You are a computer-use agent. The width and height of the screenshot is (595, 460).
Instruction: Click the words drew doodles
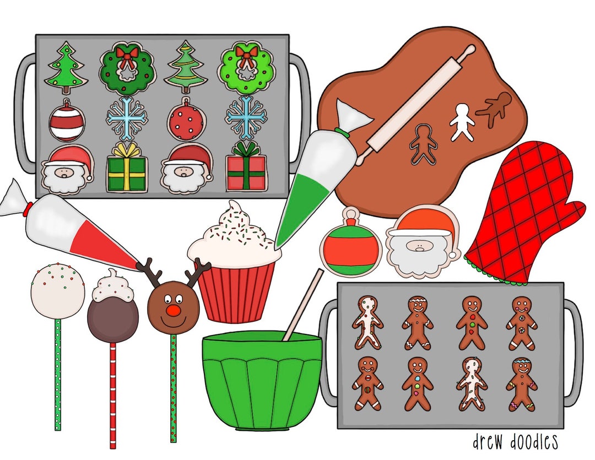[x=515, y=441]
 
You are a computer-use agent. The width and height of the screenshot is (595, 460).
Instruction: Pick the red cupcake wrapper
[x=235, y=292]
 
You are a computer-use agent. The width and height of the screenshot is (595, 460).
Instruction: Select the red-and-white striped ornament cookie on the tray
[x=66, y=120]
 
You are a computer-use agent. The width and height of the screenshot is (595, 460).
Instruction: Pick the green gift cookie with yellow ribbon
[x=127, y=169]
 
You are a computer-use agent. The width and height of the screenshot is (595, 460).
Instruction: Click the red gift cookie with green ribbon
[x=246, y=168]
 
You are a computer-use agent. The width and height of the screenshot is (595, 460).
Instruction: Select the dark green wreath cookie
[x=127, y=67]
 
